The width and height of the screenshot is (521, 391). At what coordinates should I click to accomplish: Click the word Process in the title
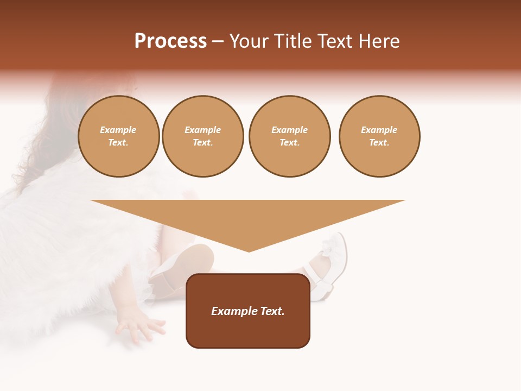click(170, 41)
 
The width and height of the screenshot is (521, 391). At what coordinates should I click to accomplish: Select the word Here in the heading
click(378, 41)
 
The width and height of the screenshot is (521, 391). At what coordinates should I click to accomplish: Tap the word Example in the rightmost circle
click(379, 130)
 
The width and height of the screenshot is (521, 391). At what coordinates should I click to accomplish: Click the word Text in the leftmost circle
click(118, 142)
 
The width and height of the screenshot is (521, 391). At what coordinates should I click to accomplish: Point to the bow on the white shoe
click(329, 248)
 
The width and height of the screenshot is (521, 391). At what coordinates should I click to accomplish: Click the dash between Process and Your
click(218, 41)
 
